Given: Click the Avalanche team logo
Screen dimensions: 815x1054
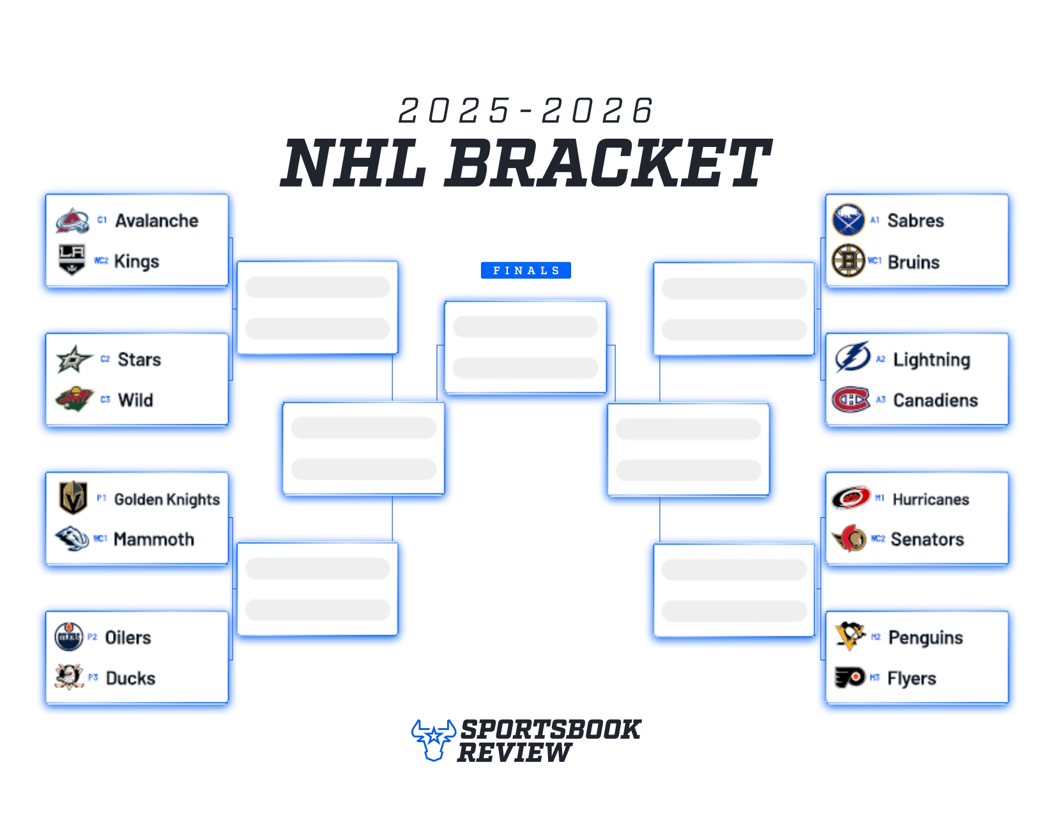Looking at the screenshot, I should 73,221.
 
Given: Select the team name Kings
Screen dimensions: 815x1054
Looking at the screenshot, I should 137,261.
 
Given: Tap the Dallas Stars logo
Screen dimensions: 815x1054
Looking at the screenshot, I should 73,359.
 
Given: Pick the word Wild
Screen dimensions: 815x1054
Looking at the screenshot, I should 135,400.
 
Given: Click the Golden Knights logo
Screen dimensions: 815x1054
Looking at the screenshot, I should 73,498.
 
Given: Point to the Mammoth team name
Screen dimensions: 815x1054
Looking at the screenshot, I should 154,539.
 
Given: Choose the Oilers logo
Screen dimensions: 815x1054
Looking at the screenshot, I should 69,637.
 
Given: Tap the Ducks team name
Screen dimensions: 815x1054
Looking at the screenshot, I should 130,678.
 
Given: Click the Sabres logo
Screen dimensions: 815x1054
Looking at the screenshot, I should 848,220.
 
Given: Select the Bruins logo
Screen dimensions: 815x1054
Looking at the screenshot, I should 848,261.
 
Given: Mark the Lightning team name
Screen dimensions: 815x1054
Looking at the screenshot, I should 931,360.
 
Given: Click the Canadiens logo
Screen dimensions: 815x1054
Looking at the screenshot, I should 850,400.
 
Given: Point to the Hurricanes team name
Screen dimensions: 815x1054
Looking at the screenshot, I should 931,499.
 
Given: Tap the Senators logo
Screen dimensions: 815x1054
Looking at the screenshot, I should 850,539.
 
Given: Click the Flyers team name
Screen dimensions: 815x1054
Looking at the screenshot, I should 912,678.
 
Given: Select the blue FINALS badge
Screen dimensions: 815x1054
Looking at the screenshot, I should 526,270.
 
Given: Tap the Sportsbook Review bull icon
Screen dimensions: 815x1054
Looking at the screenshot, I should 434,740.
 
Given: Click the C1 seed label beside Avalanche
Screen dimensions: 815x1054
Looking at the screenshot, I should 102,220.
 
